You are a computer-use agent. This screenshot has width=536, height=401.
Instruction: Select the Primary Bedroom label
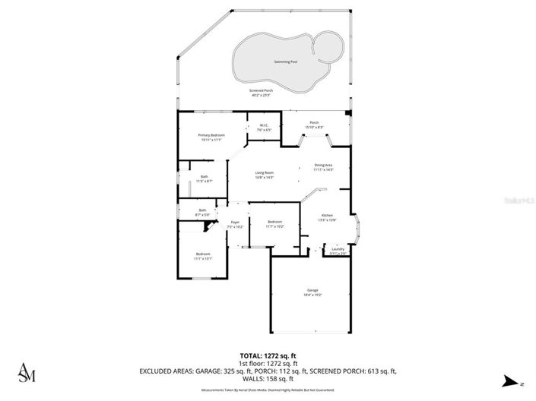point(211,137)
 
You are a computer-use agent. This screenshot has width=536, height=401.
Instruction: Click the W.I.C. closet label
point(264,127)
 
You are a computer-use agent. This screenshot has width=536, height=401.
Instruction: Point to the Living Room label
point(264,174)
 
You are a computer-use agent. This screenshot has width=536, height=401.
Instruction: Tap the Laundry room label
point(338,251)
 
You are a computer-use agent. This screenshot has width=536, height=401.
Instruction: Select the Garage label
point(312,292)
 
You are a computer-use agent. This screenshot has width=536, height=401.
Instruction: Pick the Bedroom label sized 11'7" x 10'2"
point(274,223)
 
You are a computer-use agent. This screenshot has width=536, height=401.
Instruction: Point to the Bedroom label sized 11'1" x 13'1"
point(202,255)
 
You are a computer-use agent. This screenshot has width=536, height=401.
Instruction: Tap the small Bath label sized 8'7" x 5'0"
point(202,212)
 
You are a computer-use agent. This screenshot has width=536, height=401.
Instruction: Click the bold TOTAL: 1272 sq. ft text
point(268,355)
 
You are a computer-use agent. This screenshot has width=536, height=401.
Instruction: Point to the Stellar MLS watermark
point(520,200)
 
